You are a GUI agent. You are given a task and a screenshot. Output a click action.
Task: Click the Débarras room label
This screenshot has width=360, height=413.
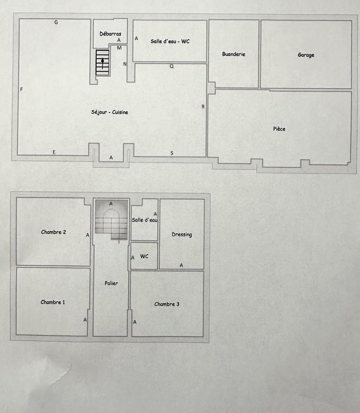(x=110, y=34)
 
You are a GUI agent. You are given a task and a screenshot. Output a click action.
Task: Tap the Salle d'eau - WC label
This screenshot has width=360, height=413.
(x=170, y=41)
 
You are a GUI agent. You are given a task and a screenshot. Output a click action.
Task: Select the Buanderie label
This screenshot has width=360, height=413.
(x=233, y=54)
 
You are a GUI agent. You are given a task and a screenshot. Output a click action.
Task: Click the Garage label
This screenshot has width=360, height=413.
(x=306, y=55)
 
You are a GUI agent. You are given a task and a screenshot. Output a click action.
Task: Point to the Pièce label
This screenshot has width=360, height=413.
(x=279, y=129)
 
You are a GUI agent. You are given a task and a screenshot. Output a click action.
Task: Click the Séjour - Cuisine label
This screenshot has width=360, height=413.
(x=109, y=113)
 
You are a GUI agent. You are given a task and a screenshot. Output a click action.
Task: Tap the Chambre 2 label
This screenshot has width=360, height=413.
(x=53, y=232)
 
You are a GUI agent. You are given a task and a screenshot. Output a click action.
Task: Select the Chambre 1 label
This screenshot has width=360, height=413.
(x=53, y=302)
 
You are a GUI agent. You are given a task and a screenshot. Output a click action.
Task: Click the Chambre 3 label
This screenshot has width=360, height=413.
(x=167, y=304)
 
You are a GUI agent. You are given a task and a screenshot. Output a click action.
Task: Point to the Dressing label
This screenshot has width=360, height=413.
(x=182, y=234)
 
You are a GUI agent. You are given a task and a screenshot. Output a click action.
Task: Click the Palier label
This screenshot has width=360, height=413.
(x=111, y=283)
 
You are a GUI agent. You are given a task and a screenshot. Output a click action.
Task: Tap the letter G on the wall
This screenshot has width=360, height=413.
(x=56, y=23)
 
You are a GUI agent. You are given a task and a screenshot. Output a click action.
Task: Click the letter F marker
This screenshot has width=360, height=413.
(x=21, y=89)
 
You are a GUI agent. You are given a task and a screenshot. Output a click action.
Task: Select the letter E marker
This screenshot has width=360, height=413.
(x=54, y=152)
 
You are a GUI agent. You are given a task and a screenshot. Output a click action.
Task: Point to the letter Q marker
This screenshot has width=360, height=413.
(x=171, y=66)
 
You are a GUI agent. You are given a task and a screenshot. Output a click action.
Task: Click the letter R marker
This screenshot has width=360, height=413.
(x=203, y=107)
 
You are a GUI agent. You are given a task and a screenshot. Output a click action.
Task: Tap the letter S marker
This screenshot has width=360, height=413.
(x=171, y=153)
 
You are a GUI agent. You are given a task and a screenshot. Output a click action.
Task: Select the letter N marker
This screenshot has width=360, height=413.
(x=125, y=64)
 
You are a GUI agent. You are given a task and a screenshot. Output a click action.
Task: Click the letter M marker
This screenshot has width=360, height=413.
(x=119, y=48)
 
